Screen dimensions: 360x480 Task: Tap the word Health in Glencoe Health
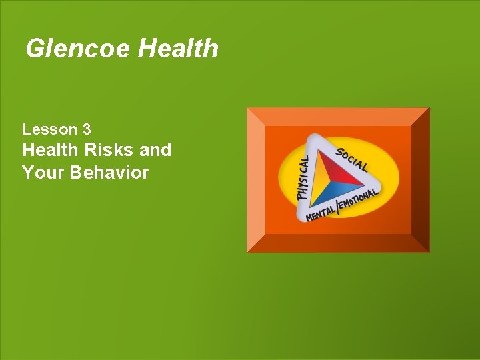[178, 49]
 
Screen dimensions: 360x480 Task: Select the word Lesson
[49, 129]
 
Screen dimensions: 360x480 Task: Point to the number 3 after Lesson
[87, 129]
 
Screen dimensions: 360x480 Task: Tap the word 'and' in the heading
[155, 150]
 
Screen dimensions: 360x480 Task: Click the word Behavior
[111, 173]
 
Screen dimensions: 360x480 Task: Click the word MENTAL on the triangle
[320, 214]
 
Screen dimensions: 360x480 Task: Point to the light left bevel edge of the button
[256, 180]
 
